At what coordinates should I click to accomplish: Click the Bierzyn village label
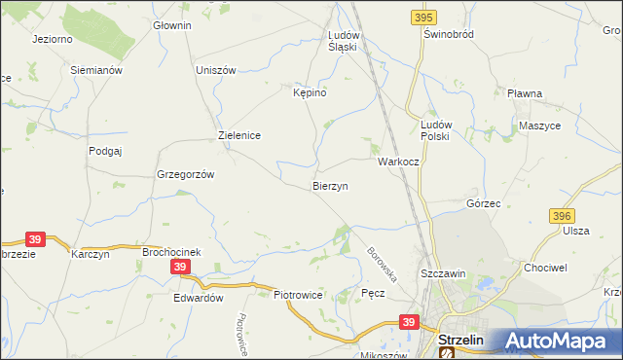(x=330, y=185)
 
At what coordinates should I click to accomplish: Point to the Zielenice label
(x=238, y=136)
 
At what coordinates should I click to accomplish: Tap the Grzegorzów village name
(x=185, y=175)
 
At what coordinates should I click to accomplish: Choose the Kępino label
(x=309, y=92)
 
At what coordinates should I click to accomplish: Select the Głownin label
(x=172, y=25)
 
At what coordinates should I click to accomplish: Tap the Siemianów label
(x=96, y=70)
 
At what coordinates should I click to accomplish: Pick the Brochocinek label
(x=171, y=252)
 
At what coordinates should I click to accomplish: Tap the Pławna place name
(x=524, y=93)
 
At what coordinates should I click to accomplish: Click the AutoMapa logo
(x=556, y=342)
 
